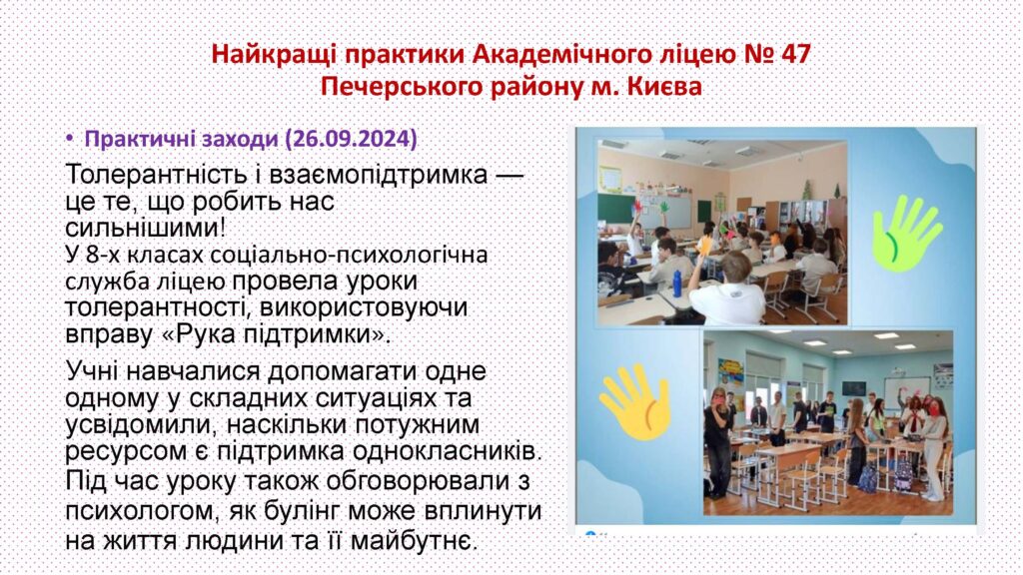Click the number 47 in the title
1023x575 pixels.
click(x=794, y=54)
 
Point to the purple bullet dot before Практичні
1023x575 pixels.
click(x=70, y=138)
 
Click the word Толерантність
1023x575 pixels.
click(x=164, y=175)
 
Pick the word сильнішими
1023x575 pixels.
click(x=142, y=228)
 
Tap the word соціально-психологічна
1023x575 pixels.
click(x=356, y=254)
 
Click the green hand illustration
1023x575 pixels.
click(x=907, y=234)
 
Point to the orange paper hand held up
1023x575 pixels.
click(x=705, y=246)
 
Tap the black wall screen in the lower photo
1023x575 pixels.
click(x=853, y=389)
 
